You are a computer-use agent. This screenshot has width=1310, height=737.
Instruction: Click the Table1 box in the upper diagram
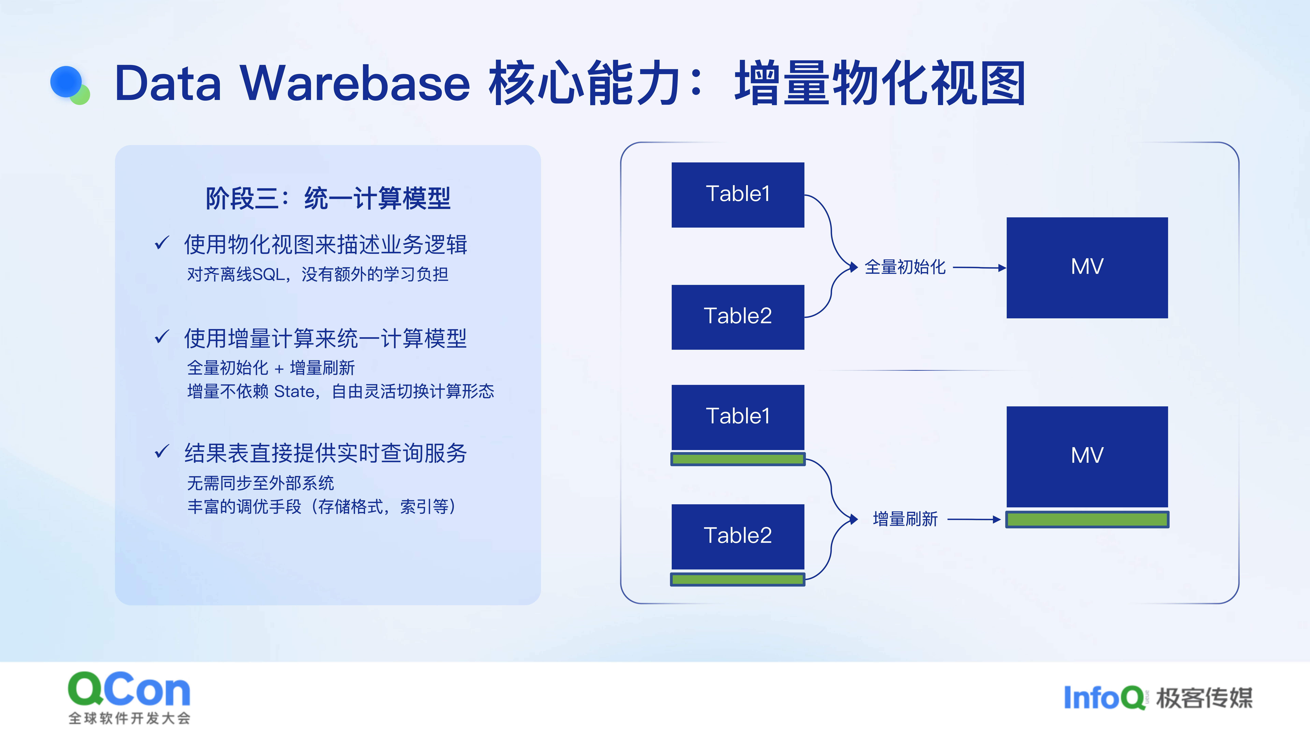click(738, 195)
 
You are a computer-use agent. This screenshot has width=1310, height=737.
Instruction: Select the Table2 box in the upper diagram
click(738, 317)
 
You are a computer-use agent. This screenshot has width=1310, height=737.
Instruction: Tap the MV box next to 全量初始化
click(1087, 268)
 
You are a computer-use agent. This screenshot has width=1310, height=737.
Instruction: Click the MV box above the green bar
click(1087, 456)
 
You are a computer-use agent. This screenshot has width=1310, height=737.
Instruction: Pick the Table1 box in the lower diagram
click(738, 417)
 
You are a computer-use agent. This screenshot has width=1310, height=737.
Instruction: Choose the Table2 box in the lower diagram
click(738, 537)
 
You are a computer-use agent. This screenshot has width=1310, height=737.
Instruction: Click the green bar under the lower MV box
click(1087, 519)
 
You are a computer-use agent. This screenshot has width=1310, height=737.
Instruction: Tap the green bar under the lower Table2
click(738, 579)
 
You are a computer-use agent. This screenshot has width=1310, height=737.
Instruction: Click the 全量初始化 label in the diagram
click(905, 267)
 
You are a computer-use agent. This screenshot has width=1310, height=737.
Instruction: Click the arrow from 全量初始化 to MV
click(979, 268)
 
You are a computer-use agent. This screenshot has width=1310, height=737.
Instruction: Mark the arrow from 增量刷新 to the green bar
click(974, 519)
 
